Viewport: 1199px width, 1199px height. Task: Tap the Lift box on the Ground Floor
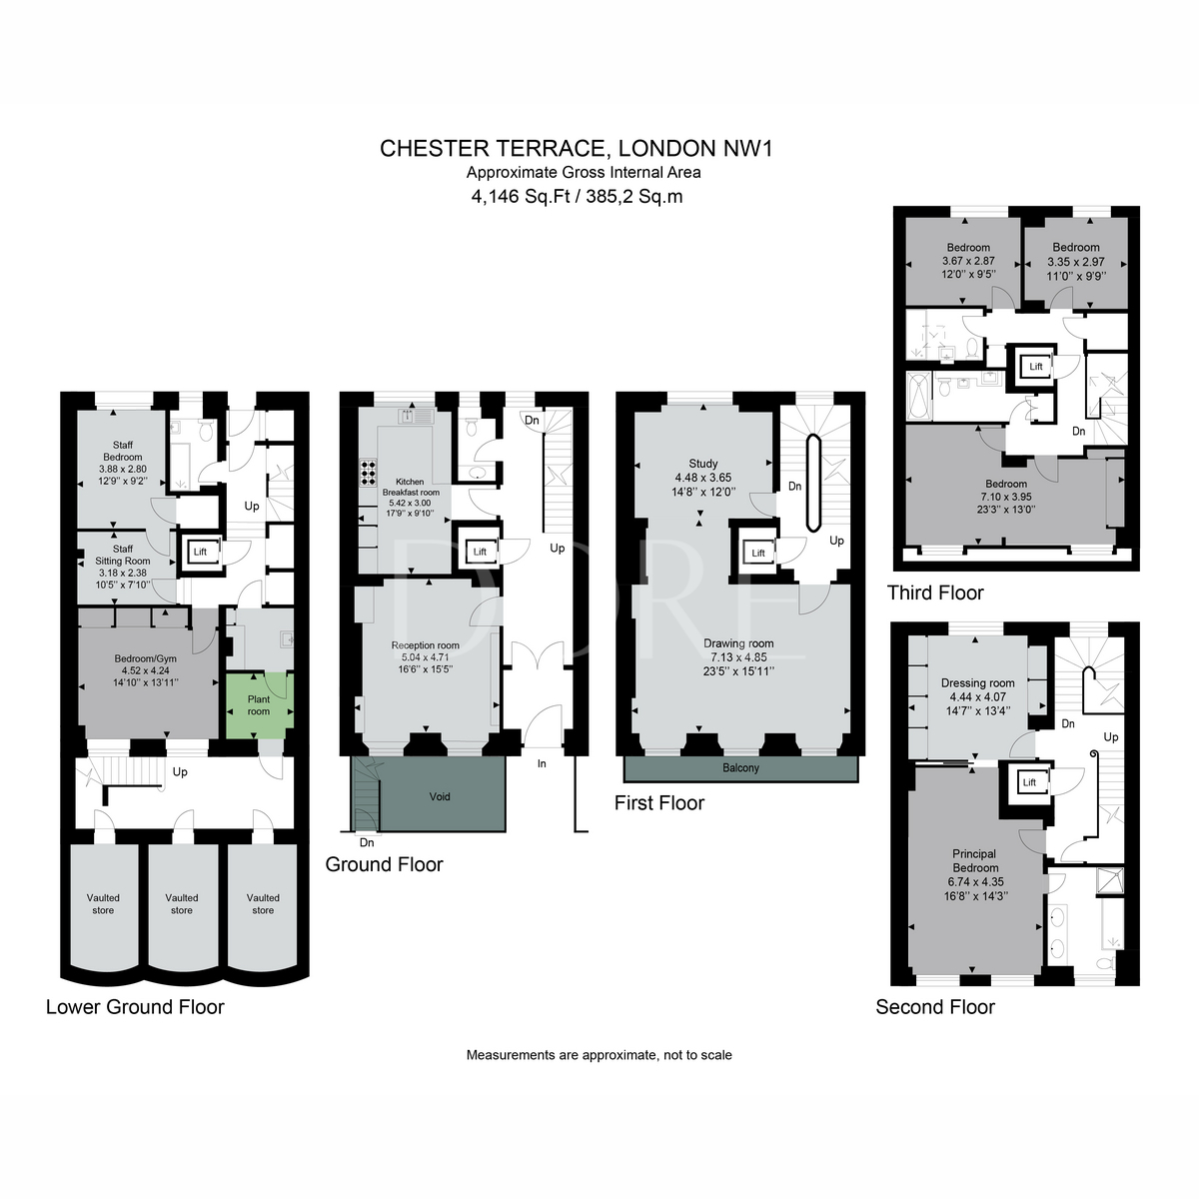pyautogui.click(x=480, y=552)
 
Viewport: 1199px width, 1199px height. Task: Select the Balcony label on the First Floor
pyautogui.click(x=740, y=768)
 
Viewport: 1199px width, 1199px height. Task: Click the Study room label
pyautogui.click(x=703, y=464)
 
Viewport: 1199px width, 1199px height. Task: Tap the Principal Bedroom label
pyautogui.click(x=973, y=861)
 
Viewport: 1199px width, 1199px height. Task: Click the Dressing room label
pyautogui.click(x=977, y=683)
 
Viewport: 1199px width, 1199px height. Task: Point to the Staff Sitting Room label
pyautogui.click(x=122, y=556)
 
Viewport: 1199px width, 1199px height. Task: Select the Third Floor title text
pyautogui.click(x=935, y=594)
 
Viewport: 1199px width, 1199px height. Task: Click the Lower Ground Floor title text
pyautogui.click(x=135, y=1007)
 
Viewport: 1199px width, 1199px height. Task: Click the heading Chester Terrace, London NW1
pyautogui.click(x=578, y=149)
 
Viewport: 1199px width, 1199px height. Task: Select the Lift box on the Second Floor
pyautogui.click(x=1029, y=782)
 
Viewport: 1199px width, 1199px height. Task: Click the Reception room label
pyautogui.click(x=426, y=645)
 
